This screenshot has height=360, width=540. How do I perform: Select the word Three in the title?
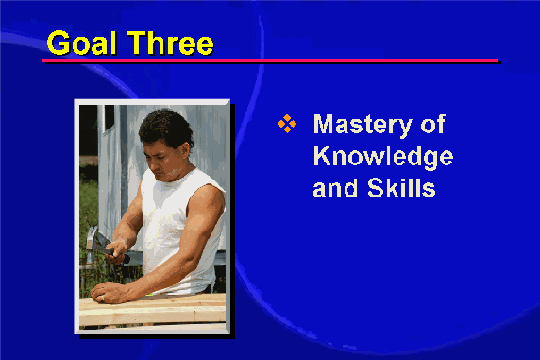tap(171, 43)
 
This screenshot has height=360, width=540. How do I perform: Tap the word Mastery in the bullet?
tap(363, 125)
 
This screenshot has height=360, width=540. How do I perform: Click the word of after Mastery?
tap(433, 124)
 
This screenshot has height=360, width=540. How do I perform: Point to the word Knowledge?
tap(383, 157)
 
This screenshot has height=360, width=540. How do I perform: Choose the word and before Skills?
tap(335, 188)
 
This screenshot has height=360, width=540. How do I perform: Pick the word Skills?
tap(401, 188)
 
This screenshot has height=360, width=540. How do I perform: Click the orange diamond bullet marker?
tap(287, 124)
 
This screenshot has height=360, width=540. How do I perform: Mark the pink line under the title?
tap(270, 60)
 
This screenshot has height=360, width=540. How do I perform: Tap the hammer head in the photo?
tap(92, 242)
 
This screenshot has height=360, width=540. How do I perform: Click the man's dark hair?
tap(165, 127)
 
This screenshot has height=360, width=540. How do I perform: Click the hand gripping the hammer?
tap(116, 251)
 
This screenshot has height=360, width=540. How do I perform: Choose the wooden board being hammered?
tap(153, 310)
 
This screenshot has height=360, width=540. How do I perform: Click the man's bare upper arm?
tap(204, 214)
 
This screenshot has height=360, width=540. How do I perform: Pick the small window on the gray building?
tap(110, 119)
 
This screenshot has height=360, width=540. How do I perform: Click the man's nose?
tap(152, 163)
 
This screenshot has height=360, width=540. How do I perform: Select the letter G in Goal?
tap(58, 43)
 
